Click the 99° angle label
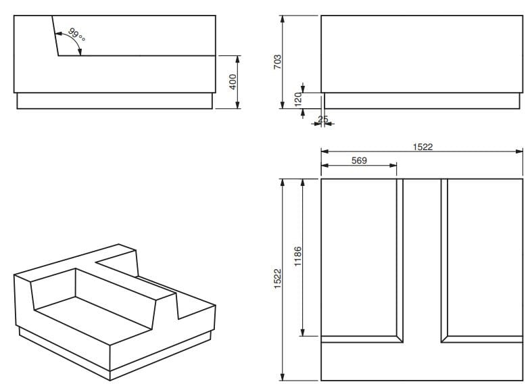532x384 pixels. (x=77, y=35)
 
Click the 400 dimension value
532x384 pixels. (x=233, y=82)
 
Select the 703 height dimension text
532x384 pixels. (x=277, y=64)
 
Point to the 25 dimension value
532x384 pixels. (x=322, y=120)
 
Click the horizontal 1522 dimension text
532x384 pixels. (x=422, y=147)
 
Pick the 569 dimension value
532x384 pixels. (x=359, y=161)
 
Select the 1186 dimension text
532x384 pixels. (x=298, y=258)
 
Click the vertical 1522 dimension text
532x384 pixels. (x=278, y=279)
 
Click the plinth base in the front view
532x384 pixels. (x=422, y=101)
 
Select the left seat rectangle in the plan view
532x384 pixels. (x=358, y=257)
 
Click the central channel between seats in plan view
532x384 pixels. (x=422, y=257)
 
